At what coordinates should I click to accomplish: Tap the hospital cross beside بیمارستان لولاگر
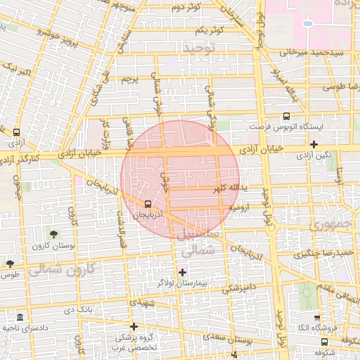coord(183,272)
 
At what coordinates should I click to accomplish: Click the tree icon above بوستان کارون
coord(53,233)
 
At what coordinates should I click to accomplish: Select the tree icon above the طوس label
coord(9,264)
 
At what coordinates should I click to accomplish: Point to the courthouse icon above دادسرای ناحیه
coord(20,317)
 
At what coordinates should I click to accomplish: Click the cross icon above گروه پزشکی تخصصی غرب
coord(134,327)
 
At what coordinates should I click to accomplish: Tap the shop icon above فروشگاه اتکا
coord(316,318)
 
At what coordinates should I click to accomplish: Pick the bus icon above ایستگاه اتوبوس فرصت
coord(285,117)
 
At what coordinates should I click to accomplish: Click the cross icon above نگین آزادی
coord(314,144)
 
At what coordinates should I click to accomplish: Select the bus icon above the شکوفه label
coord(324,342)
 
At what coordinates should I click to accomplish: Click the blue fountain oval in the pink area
coord(307,23)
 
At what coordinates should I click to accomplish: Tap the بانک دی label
coord(78,309)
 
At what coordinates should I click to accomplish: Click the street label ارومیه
coord(240,208)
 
